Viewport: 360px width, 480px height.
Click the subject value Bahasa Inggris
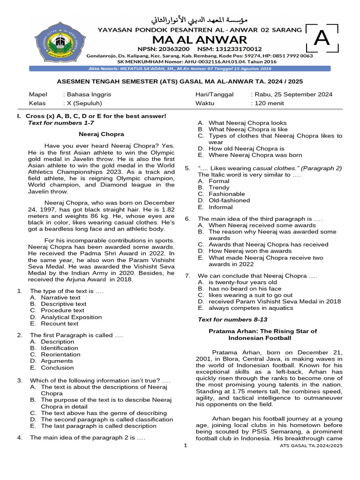pos(89,94)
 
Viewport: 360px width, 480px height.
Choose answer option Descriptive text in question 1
pos(63,304)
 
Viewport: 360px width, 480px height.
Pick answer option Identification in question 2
pos(60,348)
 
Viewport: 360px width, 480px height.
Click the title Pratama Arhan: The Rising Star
pos(262,334)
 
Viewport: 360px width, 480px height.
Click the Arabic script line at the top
pos(199,21)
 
